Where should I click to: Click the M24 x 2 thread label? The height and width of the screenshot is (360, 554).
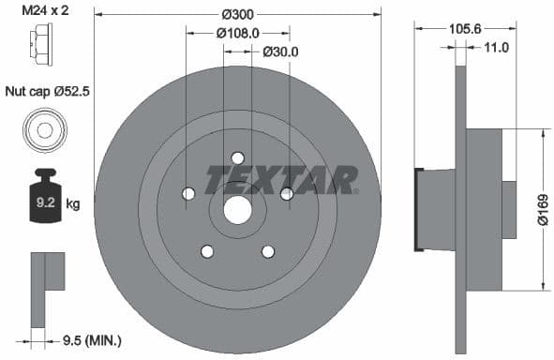pyautogui.click(x=46, y=12)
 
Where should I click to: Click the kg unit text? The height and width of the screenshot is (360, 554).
pyautogui.click(x=72, y=202)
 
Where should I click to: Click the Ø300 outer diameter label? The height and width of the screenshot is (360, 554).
pyautogui.click(x=237, y=15)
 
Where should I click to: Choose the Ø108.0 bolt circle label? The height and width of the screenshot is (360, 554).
pyautogui.click(x=237, y=33)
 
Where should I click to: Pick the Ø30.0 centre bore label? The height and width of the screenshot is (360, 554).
pyautogui.click(x=279, y=52)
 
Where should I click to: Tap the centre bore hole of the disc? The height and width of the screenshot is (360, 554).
pyautogui.click(x=237, y=210)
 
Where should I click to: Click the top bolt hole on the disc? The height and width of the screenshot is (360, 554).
pyautogui.click(x=237, y=157)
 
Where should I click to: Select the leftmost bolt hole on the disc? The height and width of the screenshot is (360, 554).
pyautogui.click(x=188, y=193)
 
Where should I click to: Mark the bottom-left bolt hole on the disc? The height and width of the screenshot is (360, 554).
pyautogui.click(x=207, y=251)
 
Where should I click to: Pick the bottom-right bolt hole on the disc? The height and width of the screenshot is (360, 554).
pyautogui.click(x=268, y=251)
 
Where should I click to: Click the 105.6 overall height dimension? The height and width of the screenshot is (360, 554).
pyautogui.click(x=459, y=29)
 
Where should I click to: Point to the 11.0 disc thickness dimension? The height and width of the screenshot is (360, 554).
pyautogui.click(x=497, y=47)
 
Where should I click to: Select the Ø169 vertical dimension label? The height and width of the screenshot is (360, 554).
pyautogui.click(x=541, y=210)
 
